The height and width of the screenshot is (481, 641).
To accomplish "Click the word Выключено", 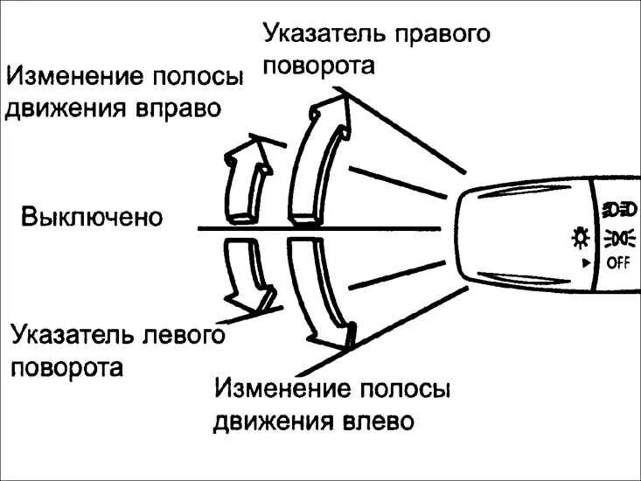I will pyautogui.click(x=92, y=216).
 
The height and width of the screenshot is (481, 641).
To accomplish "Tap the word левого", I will pyautogui.click(x=183, y=337).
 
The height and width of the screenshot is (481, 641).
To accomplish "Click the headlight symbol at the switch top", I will pyautogui.click(x=619, y=209).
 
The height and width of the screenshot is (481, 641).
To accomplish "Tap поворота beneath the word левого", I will pyautogui.click(x=67, y=366).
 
